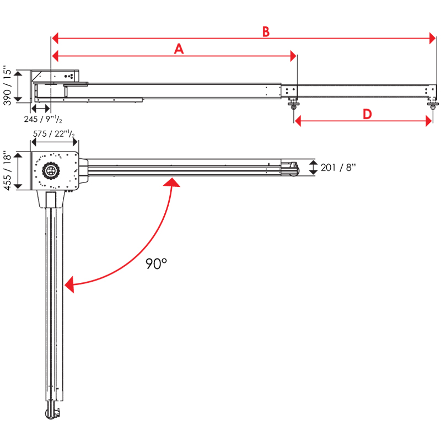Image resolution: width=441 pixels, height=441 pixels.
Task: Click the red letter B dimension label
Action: point(266,32)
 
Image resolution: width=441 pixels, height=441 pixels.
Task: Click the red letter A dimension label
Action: point(178,50)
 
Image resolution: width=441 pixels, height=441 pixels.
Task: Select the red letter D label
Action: point(367,114)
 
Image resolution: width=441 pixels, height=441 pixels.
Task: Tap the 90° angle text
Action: point(156,264)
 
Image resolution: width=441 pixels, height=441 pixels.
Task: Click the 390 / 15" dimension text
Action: point(7,85)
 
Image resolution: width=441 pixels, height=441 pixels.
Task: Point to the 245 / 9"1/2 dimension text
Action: point(43,119)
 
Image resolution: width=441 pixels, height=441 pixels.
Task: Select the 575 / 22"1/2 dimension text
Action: point(53,134)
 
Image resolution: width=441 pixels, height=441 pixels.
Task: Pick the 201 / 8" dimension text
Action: point(338,168)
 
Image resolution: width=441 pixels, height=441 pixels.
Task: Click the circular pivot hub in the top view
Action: point(50,170)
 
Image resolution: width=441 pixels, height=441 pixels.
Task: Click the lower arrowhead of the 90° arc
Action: point(69,284)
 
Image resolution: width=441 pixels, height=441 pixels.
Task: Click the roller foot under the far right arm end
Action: point(434,103)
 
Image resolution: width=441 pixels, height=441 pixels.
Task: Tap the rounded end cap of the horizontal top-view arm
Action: point(292,168)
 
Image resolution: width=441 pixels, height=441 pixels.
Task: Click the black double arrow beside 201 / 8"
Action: point(313,168)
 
